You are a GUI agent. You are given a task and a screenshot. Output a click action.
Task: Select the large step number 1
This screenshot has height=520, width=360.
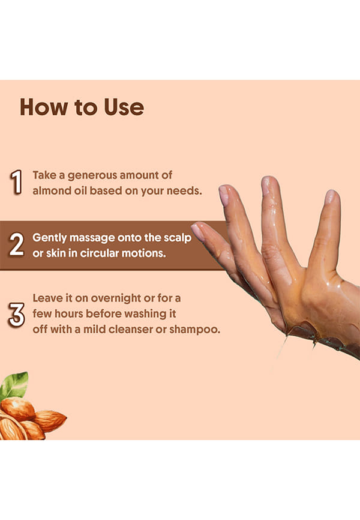pyautogui.click(x=16, y=182)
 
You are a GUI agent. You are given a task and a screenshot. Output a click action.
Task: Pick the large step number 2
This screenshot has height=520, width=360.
pyautogui.click(x=17, y=244)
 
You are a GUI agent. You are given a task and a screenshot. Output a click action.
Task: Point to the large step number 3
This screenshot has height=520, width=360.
pyautogui.click(x=17, y=315)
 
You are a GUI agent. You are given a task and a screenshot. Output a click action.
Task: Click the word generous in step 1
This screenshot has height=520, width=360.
pyautogui.click(x=92, y=176)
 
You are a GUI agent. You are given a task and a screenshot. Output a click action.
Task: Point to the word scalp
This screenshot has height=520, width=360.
pyautogui.click(x=178, y=238)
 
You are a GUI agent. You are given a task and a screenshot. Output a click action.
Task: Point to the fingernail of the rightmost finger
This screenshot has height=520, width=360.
pyautogui.click(x=331, y=196)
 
